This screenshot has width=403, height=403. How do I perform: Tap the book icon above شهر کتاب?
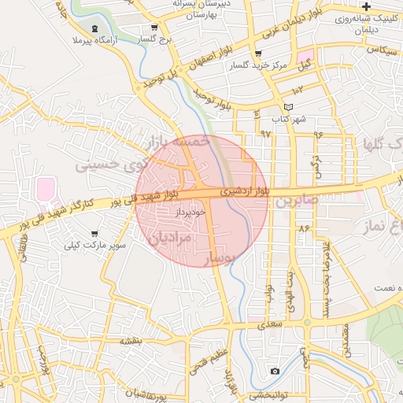pos(288,107)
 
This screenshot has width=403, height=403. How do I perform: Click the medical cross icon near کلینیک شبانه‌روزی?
pos(366,6)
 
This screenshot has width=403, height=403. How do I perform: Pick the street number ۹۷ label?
pos(265,135)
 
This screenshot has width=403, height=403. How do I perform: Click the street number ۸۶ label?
pos(305,228)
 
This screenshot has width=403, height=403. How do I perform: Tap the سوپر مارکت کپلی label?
pos(94,245)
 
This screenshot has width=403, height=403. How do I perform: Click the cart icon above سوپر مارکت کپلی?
pos(95,234)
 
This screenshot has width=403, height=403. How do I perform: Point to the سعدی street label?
pos(272,324)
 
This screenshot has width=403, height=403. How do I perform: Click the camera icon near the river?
pos(274,371)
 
